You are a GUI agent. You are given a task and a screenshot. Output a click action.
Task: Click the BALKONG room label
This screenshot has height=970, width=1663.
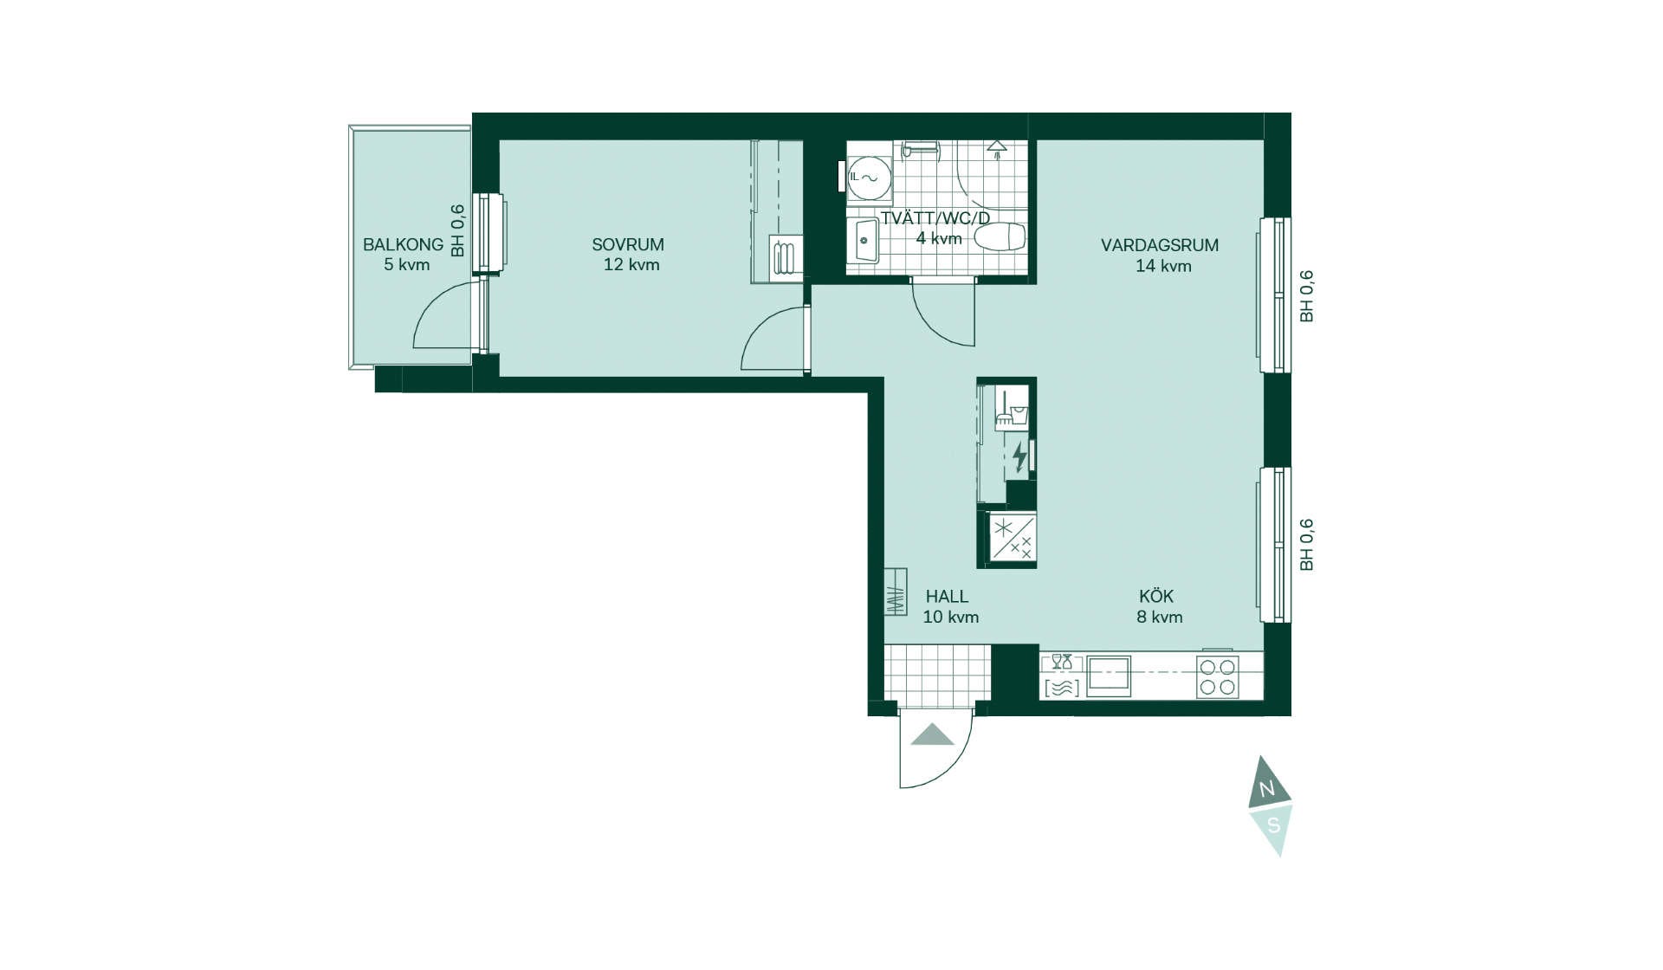coord(403,245)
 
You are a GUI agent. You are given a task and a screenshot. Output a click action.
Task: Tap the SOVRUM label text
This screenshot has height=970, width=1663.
coord(628,245)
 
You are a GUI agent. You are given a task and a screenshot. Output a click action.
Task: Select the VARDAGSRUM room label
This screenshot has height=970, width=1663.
coord(1160,245)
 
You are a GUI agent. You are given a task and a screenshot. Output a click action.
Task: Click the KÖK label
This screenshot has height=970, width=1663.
coord(1156,596)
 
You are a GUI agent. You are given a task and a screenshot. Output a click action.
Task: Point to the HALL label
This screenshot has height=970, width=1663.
coord(947,597)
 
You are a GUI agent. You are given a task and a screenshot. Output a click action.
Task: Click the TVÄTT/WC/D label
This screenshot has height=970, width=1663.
coord(935,218)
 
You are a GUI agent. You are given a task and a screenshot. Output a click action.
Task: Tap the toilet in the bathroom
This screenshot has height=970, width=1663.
coord(1000,236)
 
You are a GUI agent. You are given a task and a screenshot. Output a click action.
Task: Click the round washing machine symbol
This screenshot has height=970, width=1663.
coord(869,178)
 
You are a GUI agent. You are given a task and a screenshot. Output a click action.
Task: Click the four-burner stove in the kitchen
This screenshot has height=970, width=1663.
coord(1217,676)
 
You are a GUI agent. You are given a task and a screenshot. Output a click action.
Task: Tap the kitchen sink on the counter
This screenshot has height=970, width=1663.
coord(1109,676)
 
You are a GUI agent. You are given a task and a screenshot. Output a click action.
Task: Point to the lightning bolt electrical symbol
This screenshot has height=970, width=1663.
coord(1019,457)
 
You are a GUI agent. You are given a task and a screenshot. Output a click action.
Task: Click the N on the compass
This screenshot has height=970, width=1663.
coord(1267,789)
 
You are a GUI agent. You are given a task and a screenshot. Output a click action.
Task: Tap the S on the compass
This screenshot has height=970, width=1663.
coord(1273,825)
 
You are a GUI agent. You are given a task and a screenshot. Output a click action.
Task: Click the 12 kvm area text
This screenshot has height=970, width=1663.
coord(631,265)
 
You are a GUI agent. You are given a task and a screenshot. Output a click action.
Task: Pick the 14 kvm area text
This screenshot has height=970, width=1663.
coord(1163,266)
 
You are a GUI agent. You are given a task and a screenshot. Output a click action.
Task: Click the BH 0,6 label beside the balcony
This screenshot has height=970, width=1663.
coord(458,230)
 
